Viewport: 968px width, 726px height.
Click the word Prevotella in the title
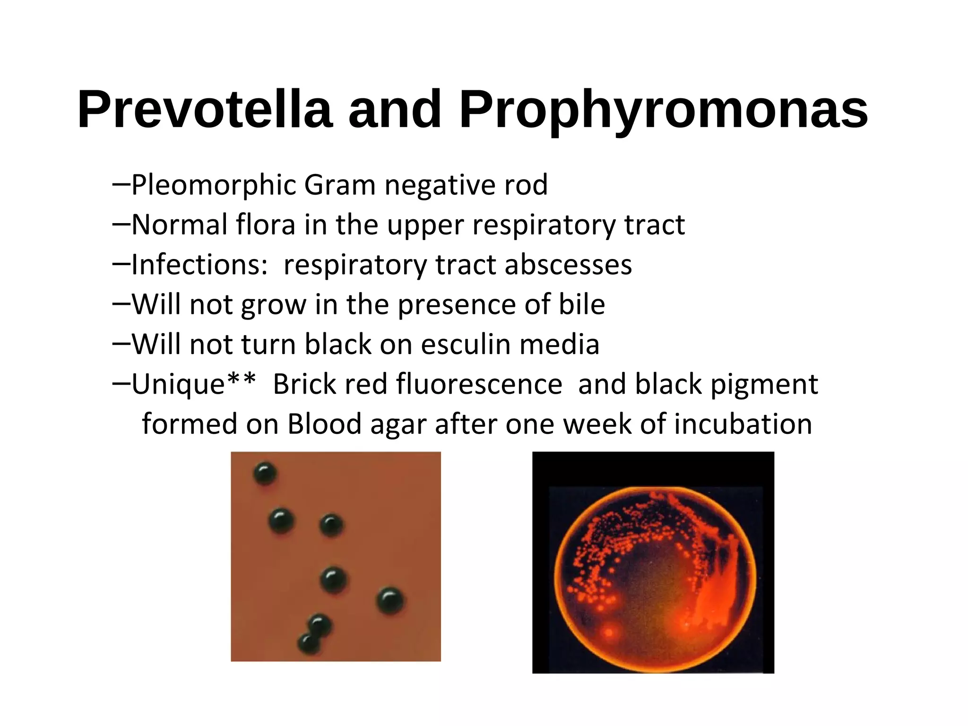coord(204,110)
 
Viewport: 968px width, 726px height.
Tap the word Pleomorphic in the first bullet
coord(213,185)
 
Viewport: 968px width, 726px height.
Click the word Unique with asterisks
coord(193,384)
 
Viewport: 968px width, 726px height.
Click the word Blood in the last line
coord(324,424)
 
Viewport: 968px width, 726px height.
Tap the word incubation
coord(743,424)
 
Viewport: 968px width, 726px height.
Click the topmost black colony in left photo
coord(265,473)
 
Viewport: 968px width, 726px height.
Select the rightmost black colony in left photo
coord(390,601)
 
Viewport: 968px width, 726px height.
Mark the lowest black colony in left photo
coord(308,643)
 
